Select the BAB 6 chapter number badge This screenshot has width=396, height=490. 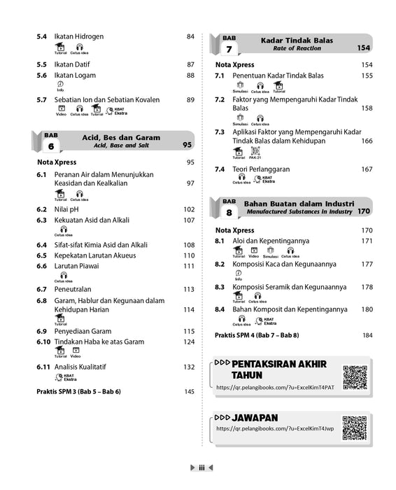coord(50,142)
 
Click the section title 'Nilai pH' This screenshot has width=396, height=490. coord(66,209)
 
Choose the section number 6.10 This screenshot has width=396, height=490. coord(43,342)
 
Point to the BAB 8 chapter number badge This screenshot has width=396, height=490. coord(229,206)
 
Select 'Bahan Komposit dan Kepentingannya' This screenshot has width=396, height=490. coord(290,309)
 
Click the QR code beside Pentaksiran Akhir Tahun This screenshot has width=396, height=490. coord(355,377)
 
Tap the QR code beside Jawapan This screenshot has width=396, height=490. coord(355,427)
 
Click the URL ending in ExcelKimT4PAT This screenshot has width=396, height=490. coord(280,387)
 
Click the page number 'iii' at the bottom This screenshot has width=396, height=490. coord(201,468)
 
